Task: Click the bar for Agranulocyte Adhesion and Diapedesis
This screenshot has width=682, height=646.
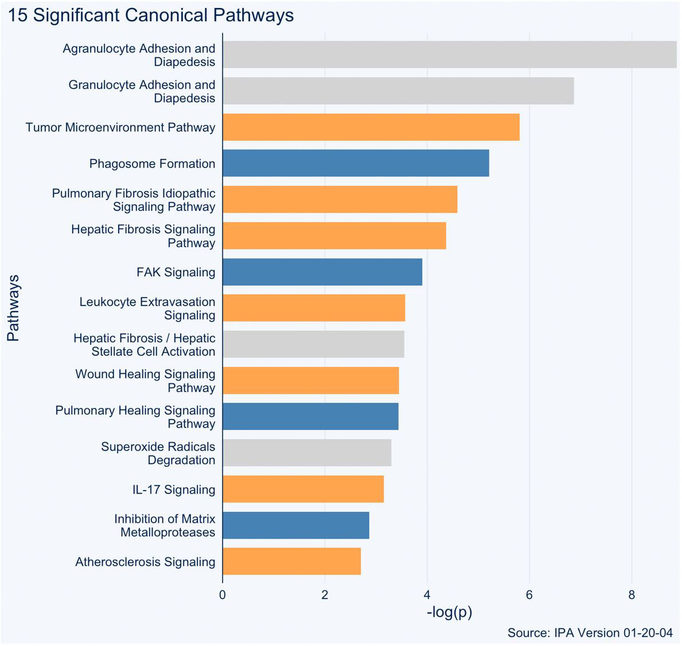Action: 450,54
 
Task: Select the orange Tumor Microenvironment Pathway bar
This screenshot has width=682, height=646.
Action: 371,127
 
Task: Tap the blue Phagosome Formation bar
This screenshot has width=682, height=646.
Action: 356,163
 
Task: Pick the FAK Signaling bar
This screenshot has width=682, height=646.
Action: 322,272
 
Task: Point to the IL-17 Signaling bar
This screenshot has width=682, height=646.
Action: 303,489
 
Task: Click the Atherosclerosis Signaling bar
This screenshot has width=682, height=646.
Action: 291,561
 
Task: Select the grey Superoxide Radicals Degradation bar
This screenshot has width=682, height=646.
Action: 307,453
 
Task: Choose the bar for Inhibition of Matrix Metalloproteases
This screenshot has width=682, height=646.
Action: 296,525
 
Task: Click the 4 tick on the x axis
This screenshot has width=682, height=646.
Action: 427,595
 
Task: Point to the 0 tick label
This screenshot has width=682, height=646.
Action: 223,595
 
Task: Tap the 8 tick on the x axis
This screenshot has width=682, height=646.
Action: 632,595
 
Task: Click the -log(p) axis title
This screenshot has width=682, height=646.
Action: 449,612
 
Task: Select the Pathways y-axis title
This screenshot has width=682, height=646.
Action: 13,308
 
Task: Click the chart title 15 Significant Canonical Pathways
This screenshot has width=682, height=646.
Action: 151,15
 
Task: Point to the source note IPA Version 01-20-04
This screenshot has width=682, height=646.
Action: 590,633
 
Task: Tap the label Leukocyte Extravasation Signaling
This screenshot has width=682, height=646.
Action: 147,308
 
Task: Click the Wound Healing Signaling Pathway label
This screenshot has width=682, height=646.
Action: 145,381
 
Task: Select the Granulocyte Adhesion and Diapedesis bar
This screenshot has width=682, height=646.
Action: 398,91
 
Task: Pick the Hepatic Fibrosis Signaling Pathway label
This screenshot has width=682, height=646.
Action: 143,236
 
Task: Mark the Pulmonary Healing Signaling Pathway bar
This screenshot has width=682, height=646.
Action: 310,417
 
